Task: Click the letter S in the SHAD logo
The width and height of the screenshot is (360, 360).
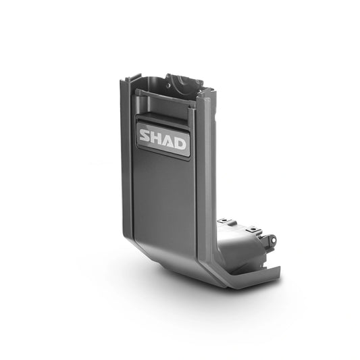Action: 146,135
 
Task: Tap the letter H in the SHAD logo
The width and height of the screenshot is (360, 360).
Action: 158,138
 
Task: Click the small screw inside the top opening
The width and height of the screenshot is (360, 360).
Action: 169,85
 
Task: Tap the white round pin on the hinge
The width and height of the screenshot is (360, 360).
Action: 273,240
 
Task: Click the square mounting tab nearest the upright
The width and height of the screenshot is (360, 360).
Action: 223,221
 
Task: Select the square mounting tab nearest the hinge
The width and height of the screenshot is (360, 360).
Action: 253,229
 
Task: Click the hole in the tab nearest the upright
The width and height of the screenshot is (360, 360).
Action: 224,220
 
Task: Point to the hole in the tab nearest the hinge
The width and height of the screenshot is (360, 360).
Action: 253,229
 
